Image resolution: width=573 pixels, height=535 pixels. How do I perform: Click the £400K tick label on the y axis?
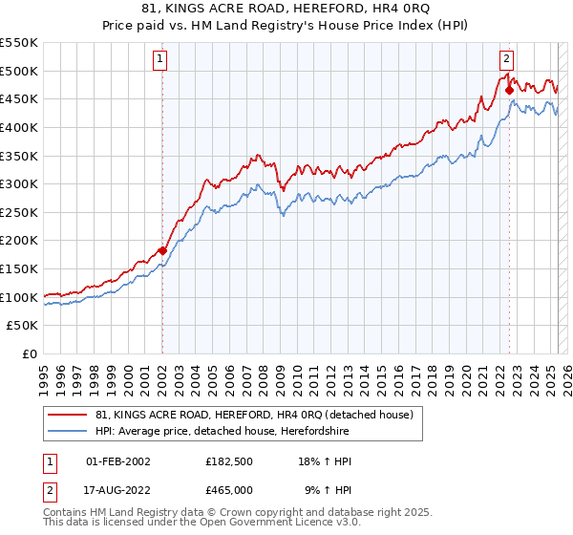coord(19,127)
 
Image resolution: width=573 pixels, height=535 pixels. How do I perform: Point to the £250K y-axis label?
coord(19,212)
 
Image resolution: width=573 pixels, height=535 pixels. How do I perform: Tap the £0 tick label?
coord(30,353)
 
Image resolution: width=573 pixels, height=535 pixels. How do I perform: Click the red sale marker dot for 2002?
coord(162,250)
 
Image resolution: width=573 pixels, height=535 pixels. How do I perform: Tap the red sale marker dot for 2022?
coord(509,91)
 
